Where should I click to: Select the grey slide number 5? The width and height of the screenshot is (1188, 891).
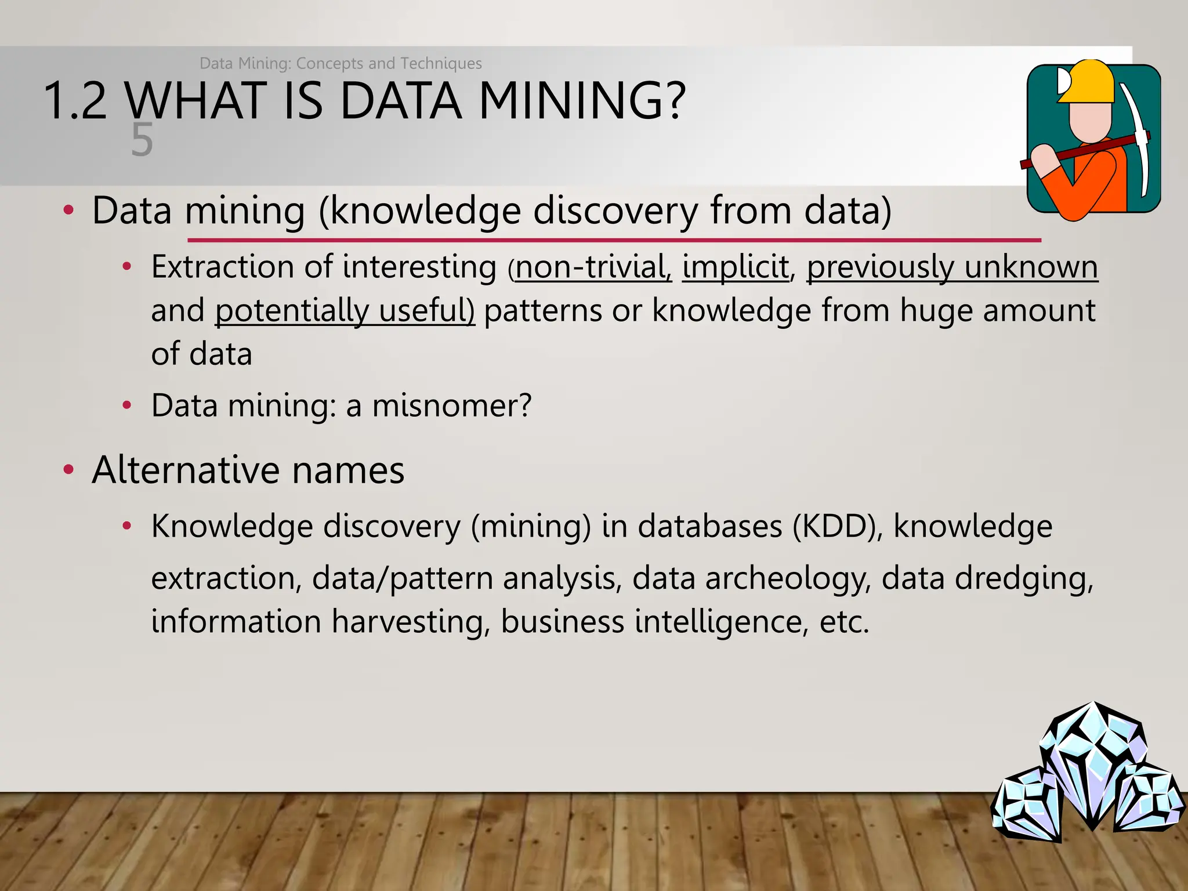coord(142,140)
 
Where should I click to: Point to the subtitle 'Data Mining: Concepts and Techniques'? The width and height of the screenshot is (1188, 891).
coord(341,63)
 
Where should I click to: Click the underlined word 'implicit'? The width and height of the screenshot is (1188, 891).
coord(735,267)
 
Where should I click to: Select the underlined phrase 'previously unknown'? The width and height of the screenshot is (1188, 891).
coord(952,267)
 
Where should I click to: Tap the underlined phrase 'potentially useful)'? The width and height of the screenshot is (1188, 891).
coord(345,311)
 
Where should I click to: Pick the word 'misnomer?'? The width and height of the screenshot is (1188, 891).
coord(451,405)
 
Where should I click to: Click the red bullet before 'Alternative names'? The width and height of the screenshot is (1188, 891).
coord(68,469)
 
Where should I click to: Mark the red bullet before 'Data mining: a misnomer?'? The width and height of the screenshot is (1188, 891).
coord(127,405)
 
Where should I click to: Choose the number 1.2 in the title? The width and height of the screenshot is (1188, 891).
coord(75,102)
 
